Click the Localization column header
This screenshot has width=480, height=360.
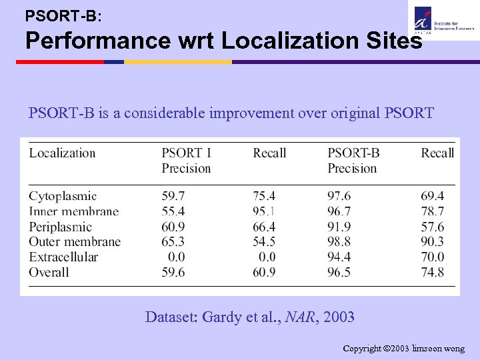click(x=62, y=153)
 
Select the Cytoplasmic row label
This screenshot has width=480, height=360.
click(x=63, y=196)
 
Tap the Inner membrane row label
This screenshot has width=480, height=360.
click(x=73, y=211)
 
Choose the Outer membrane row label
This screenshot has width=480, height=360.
click(x=75, y=241)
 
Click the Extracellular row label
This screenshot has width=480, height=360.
click(x=63, y=257)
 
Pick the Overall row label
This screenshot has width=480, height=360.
click(x=49, y=272)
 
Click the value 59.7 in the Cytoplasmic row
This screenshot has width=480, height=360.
click(x=173, y=196)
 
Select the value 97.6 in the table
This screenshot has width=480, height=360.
click(x=339, y=196)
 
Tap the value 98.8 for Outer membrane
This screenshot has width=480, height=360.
click(x=339, y=241)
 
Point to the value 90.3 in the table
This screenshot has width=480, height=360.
click(x=433, y=241)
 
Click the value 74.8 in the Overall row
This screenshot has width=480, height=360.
click(x=433, y=272)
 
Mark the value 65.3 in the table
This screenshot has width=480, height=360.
click(x=173, y=241)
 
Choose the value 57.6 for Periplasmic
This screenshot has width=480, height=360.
click(x=433, y=227)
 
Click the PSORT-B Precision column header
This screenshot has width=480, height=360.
click(x=353, y=161)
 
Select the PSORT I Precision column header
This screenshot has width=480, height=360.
click(x=186, y=161)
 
